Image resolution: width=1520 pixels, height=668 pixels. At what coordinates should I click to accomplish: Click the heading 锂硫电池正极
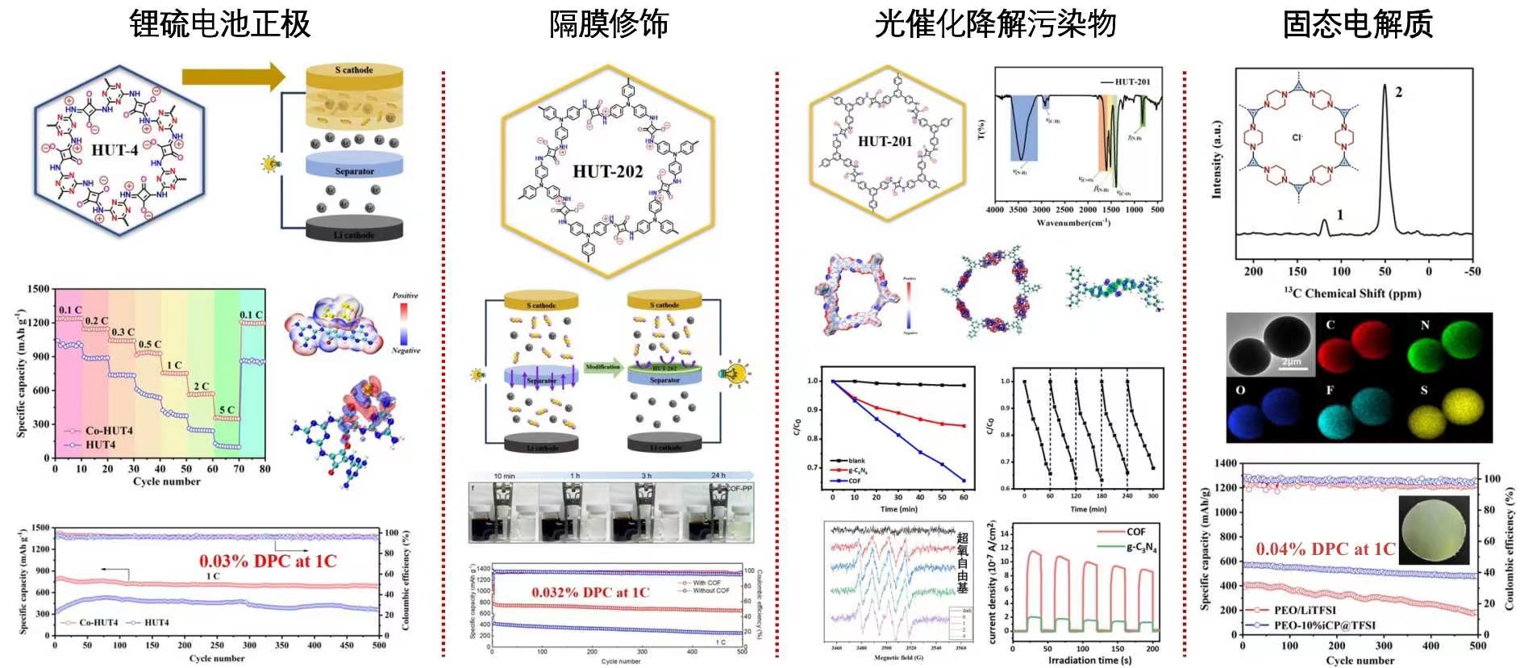pos(220,23)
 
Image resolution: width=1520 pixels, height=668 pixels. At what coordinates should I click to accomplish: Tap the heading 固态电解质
pos(1357,23)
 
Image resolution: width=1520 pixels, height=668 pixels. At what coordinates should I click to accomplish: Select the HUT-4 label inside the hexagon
pos(115,150)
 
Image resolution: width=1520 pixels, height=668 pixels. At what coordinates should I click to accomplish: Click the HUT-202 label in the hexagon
pos(607,171)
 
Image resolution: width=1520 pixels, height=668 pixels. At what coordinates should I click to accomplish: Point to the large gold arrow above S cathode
pos(233,77)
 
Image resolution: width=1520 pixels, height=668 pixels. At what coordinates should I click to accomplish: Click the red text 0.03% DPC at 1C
pos(268,561)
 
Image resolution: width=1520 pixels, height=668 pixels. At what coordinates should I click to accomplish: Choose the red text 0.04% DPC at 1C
pos(1325,549)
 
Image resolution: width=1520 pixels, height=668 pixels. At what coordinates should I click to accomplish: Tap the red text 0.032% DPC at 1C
pos(590,592)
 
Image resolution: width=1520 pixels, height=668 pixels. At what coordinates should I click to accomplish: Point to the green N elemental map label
pos(1425,325)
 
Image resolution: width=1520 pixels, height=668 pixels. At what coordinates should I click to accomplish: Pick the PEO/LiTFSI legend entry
pos(1304,610)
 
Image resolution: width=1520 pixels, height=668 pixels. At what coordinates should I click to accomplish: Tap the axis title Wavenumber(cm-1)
pos(1073,223)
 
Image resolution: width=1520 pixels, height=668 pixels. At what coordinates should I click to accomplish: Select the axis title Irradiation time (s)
pos(1089,660)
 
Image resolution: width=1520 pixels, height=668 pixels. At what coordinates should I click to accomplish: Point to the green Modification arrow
pos(602,369)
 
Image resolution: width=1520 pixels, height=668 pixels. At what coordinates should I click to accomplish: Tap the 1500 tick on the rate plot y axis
pos(38,289)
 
